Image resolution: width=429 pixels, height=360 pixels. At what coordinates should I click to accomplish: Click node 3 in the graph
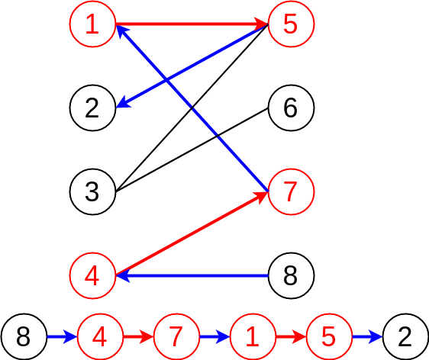point(92,191)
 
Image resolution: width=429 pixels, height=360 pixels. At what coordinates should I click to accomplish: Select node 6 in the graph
point(290,108)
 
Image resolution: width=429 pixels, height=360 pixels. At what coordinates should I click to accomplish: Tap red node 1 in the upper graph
point(92,24)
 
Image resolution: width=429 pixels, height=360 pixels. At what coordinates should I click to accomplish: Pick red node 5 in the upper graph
point(290,24)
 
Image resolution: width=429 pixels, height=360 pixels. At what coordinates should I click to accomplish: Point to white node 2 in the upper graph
point(92,108)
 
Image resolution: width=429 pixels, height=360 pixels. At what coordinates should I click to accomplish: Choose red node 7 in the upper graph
point(290,191)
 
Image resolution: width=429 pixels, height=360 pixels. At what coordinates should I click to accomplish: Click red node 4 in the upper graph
point(92,274)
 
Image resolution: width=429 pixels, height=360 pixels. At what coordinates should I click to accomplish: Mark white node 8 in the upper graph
point(290,274)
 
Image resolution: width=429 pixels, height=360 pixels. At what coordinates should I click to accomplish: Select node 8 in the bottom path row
point(24,336)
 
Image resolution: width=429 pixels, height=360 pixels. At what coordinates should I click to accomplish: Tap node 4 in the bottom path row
point(100,336)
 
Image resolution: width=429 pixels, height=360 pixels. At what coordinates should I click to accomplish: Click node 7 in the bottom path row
point(176,336)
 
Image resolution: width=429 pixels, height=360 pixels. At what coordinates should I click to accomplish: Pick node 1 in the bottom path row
point(253,336)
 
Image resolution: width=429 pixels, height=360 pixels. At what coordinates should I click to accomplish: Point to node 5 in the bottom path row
point(329,336)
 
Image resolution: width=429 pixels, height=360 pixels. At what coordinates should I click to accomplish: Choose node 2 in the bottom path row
point(405,336)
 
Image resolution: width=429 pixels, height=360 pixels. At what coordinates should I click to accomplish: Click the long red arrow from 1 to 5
point(191,24)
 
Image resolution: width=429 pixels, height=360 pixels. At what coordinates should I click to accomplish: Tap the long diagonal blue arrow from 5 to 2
point(191,66)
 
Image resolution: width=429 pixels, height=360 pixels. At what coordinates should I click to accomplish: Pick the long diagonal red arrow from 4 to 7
point(191,233)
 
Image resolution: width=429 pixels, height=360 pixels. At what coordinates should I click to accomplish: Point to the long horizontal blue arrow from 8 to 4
point(191,274)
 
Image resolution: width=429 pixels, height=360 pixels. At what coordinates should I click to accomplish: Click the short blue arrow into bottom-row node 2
point(367,336)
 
